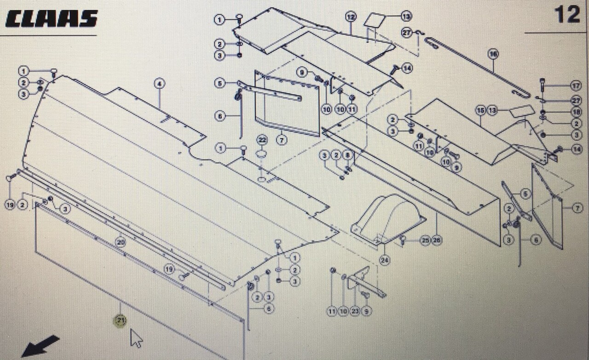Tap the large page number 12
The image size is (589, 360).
coord(567,15)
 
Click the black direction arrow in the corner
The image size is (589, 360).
coord(40,346)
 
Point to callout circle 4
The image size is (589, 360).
coord(159,84)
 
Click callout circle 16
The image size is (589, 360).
coord(493,54)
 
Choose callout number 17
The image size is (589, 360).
coord(576,86)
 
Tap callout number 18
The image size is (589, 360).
coord(576,112)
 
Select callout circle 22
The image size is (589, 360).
coord(262,139)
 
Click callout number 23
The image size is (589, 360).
coord(355,312)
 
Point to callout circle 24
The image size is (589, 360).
coord(384,260)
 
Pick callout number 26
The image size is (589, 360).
coord(436,240)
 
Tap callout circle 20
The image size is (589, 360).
coord(120,242)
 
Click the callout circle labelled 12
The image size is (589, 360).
coord(351,17)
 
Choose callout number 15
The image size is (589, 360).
coord(481,110)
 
